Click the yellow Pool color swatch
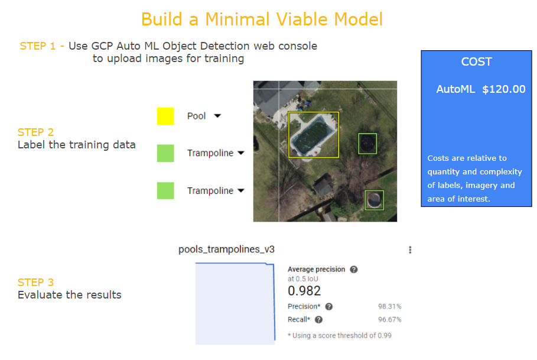coord(165,116)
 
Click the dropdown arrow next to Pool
coord(217,116)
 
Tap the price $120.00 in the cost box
coord(504,89)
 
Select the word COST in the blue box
coord(476,61)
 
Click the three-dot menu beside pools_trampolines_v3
coord(410,249)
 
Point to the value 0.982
coord(304,291)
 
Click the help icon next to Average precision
coord(354,270)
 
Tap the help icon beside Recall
coord(318,320)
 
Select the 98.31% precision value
coord(390,306)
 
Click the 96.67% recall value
coord(390,320)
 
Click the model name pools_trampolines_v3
coord(226,249)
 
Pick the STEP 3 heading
coord(35,282)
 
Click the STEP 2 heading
coord(35,132)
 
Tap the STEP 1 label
coord(38,46)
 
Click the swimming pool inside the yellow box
coord(313,134)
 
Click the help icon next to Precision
coord(329,307)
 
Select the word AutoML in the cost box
coord(455,89)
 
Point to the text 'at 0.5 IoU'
coord(302,279)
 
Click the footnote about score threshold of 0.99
coord(340,336)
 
